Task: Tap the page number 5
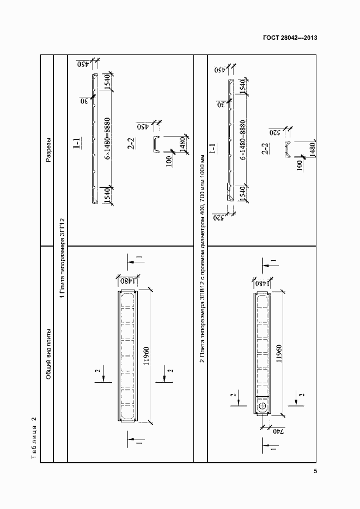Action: [x=315, y=471]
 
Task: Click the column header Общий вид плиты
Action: [x=48, y=354]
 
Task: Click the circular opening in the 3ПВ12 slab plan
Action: [x=263, y=407]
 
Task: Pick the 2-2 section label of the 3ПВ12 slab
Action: [x=265, y=149]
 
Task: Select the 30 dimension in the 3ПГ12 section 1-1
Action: [x=85, y=100]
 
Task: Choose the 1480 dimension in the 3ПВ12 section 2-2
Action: [x=312, y=148]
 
